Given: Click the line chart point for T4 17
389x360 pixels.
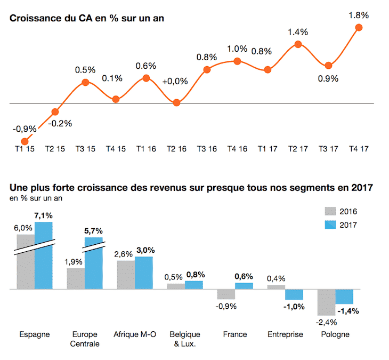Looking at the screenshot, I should point(359,27).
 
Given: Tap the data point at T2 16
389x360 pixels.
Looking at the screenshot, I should point(177,102).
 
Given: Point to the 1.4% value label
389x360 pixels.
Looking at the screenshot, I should point(298,33).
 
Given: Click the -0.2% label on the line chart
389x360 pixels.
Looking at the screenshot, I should point(60,124).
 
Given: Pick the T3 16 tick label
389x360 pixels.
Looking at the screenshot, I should point(207,149).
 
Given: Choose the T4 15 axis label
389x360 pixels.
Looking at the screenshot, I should point(116,149).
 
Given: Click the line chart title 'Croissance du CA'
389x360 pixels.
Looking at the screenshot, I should point(87,18).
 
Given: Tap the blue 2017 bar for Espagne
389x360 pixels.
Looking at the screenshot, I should point(44,256).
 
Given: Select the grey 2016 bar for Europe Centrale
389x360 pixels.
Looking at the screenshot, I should point(76,278).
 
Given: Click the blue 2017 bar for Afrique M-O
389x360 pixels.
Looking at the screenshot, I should point(144,273).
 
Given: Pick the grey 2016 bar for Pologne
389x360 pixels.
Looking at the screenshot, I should point(326,302).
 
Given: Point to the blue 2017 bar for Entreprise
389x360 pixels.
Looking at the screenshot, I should point(294,294).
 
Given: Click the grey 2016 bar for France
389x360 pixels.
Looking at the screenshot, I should point(226,294).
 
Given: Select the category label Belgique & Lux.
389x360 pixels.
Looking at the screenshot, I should point(185,339).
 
